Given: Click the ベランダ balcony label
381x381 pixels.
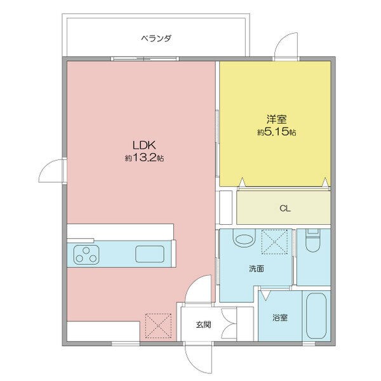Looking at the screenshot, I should coord(156,39).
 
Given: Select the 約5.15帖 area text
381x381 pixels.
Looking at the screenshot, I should coord(276,132).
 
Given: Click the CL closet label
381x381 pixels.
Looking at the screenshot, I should coord(284,208).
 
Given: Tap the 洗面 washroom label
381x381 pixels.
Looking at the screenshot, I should coord(257,269).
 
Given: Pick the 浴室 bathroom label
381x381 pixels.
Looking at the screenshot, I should coord(280,317).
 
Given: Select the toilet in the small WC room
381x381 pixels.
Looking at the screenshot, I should coord(312,241).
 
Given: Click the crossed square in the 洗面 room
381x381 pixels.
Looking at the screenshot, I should coord(276,241).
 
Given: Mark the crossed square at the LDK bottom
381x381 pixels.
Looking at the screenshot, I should coord(156,325).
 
